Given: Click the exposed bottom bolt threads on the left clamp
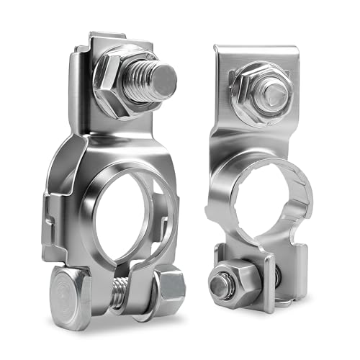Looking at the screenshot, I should tap(123, 292).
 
